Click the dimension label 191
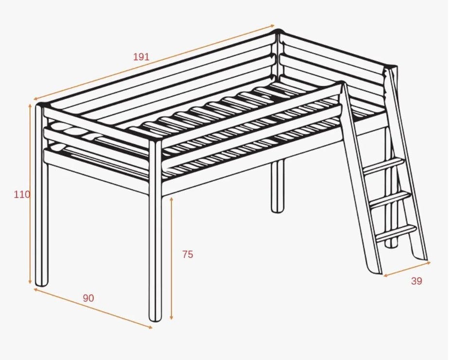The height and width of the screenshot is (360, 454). click(x=141, y=57)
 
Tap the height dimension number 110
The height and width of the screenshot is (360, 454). click(x=22, y=194)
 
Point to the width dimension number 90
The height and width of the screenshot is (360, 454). click(x=88, y=298)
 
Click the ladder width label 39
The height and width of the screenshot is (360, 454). click(x=417, y=281)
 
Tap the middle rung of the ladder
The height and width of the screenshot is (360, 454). click(x=390, y=199)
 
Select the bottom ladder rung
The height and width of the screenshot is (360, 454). click(x=396, y=233)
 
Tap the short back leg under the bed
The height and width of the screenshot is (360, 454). click(x=278, y=186)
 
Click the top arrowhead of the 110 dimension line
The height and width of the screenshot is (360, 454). click(x=30, y=105)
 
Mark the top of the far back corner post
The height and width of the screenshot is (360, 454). click(x=278, y=32)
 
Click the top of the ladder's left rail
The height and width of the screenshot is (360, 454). click(x=344, y=85)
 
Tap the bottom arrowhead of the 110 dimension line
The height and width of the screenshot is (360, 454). click(x=30, y=282)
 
